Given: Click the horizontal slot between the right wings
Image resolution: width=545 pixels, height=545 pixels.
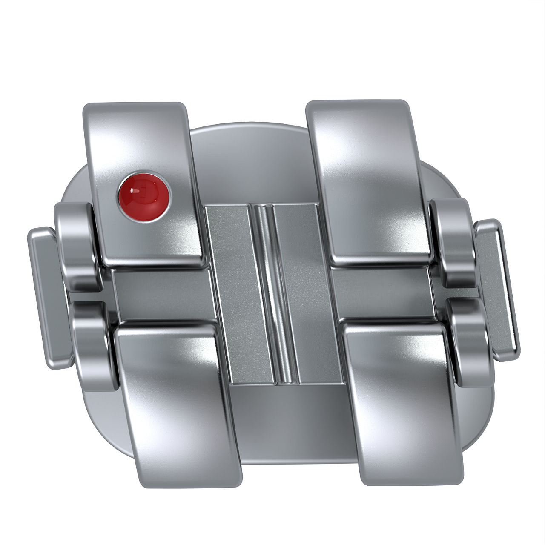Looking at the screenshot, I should coord(383,290).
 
